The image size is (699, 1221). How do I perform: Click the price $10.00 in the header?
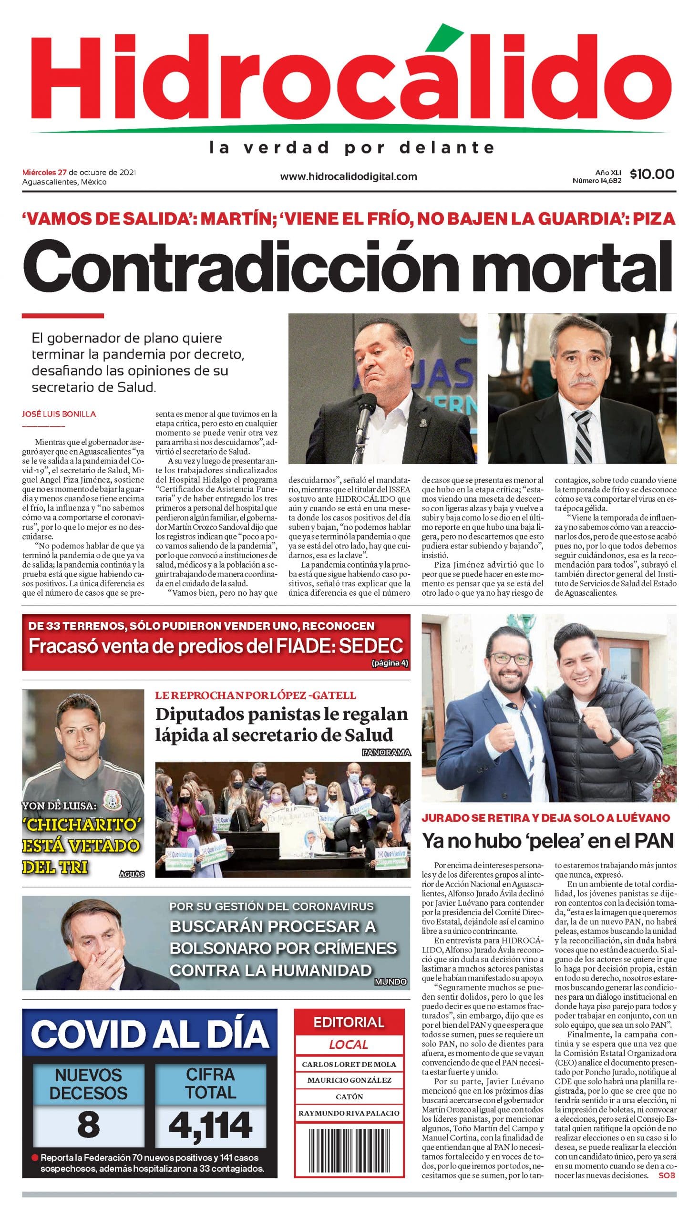pos(651,174)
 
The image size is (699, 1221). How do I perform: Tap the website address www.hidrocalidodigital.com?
pos(349,176)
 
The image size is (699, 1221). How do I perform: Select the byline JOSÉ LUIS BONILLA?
pos(59,414)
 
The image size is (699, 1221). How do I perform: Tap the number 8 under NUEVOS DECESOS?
pos(88,1125)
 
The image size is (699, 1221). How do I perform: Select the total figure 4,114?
pos(210,1125)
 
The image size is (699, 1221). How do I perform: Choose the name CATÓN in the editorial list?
pos(349,1097)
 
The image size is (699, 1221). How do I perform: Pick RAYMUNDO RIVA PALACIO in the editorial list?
pos(349,1113)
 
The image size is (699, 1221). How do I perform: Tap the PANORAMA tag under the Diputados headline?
pos(387,752)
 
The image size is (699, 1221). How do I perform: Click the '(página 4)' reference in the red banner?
pos(390,663)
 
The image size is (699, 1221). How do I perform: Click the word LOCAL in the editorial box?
pos(349,1045)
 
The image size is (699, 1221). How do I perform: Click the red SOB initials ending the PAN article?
pos(667,1175)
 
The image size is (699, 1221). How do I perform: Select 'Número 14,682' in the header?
pos(597,181)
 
